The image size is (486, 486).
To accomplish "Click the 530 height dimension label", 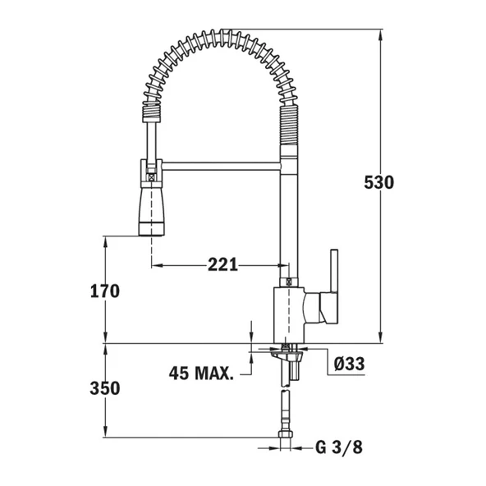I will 379,182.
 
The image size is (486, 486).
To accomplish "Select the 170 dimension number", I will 105,291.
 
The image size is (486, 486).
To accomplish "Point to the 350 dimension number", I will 105,388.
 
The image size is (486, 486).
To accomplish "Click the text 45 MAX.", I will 201,373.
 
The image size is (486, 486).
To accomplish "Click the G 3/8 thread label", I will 337,447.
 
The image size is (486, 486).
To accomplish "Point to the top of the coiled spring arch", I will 218,38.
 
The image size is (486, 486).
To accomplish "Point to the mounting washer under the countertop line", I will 286,352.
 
